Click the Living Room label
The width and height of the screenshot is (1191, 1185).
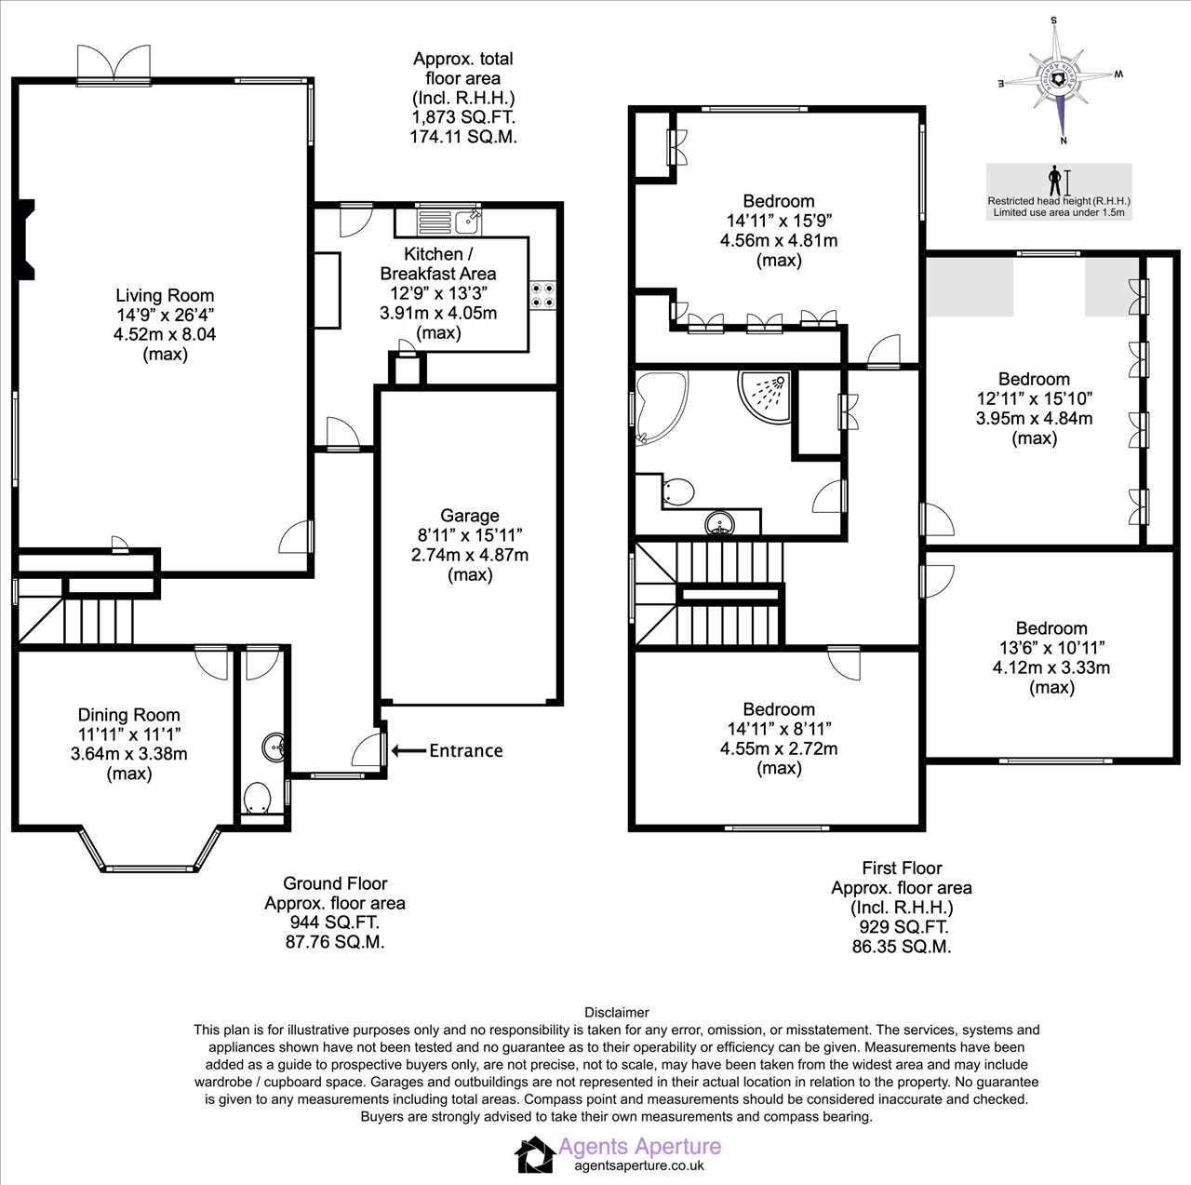click(165, 295)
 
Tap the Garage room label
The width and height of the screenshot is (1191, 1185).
click(469, 516)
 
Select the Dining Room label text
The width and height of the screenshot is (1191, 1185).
click(128, 715)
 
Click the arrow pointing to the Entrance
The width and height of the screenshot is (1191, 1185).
click(408, 750)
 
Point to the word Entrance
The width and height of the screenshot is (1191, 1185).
click(465, 750)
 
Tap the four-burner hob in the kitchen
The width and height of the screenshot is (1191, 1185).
click(542, 295)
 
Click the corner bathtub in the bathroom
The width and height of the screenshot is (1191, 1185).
click(658, 404)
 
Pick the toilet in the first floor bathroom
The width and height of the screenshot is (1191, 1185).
click(679, 491)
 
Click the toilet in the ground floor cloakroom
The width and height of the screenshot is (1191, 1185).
click(257, 799)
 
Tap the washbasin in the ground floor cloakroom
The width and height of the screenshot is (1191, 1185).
click(274, 747)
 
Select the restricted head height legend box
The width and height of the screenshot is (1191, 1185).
click(1059, 192)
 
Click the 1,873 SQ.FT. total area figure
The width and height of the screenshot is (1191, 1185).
click(462, 117)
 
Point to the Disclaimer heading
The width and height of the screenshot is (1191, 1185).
click(616, 1012)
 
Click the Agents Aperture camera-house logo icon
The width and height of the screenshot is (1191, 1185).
click(535, 1154)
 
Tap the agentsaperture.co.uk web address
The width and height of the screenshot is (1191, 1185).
click(639, 1165)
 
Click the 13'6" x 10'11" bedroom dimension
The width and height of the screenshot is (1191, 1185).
click(1050, 648)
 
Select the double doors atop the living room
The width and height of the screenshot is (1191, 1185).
click(113, 64)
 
